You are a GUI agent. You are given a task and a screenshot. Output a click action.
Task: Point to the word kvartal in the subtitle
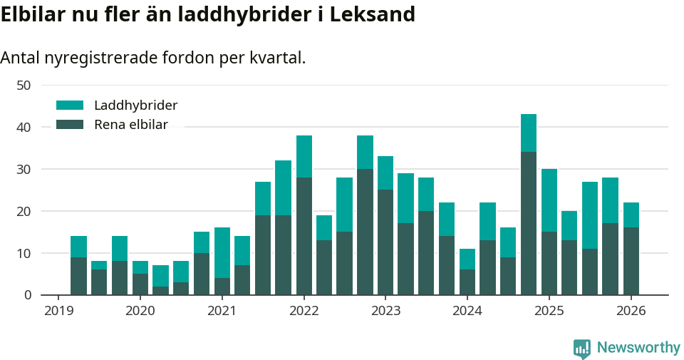point(278,58)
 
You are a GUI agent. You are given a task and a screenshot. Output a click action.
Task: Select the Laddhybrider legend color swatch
point(70,106)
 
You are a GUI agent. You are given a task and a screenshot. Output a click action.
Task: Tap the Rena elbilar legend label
point(130,125)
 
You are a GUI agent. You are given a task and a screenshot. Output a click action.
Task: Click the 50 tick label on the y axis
point(24,85)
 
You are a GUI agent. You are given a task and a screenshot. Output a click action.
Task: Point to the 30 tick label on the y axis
point(24,169)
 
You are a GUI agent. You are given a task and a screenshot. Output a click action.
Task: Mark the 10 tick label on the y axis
point(24,253)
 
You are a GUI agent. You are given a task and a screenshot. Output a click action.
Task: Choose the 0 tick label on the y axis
point(27,294)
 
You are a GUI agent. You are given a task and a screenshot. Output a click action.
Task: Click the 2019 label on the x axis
point(58,311)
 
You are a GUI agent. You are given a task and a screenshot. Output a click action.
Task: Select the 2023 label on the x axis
point(385,311)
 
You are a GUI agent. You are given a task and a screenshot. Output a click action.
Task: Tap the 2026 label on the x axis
point(631,311)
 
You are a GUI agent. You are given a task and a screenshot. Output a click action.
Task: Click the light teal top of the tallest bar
point(529,133)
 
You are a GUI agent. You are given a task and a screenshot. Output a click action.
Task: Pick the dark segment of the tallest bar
point(529,223)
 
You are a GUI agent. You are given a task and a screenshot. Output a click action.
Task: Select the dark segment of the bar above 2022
point(304,236)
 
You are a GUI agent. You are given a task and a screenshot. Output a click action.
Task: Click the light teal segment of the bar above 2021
point(222,252)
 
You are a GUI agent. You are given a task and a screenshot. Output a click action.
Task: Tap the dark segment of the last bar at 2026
point(631,261)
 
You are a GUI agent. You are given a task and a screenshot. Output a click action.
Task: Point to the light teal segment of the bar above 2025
point(549,200)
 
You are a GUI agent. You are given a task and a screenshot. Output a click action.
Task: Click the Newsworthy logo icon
point(582,348)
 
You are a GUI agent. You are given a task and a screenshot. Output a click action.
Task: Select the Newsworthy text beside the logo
point(638,348)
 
